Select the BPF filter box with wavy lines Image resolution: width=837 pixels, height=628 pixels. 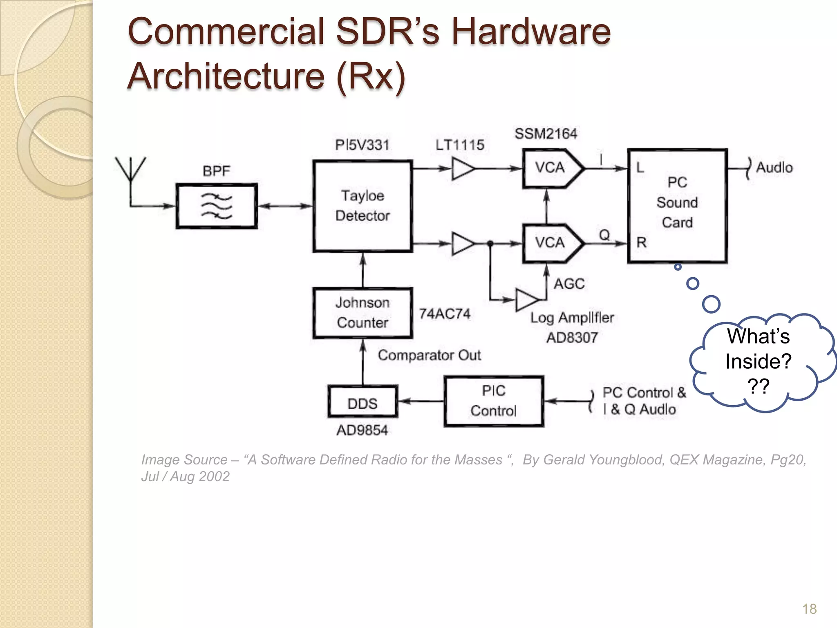click(x=217, y=206)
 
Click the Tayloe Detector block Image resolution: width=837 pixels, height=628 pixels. click(x=363, y=206)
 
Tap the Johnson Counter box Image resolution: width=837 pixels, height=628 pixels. click(x=363, y=313)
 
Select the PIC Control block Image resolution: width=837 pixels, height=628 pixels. click(x=494, y=401)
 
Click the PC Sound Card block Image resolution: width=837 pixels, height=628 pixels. click(x=677, y=206)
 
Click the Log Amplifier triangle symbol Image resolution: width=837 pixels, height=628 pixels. click(x=526, y=300)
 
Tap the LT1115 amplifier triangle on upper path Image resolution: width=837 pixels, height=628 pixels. click(x=462, y=168)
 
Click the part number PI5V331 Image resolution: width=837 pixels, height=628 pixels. click(x=362, y=145)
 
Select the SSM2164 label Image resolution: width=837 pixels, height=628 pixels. click(x=546, y=134)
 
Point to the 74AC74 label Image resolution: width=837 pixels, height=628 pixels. click(x=445, y=314)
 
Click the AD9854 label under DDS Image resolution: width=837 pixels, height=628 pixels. click(x=362, y=430)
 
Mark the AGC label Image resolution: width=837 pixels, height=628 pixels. click(x=569, y=284)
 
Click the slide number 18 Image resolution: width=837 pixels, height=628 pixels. click(x=809, y=609)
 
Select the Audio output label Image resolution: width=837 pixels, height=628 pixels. click(x=774, y=168)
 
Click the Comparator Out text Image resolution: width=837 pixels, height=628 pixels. click(x=429, y=355)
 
